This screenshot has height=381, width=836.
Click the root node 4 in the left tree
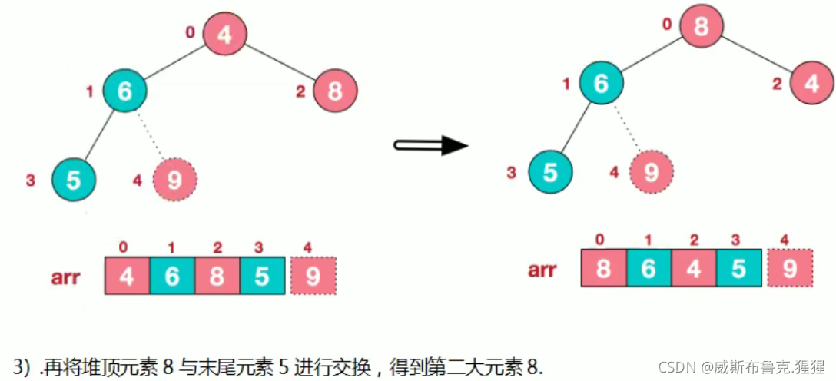(x=224, y=35)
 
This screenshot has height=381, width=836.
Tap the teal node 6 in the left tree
(x=124, y=91)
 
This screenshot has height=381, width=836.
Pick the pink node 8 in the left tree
(x=335, y=91)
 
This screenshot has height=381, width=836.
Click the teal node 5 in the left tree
(x=74, y=180)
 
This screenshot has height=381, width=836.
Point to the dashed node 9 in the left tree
(x=174, y=180)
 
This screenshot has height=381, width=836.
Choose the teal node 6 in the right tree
(x=601, y=84)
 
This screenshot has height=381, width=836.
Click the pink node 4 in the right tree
(x=811, y=84)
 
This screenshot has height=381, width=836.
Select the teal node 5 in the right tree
(x=550, y=172)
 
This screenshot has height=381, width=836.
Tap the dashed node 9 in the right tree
(x=651, y=172)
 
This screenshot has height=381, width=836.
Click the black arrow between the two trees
(x=430, y=145)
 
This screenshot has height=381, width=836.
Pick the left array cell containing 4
(x=127, y=276)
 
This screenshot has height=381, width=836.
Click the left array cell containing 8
(x=217, y=276)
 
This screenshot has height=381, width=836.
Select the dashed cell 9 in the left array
(x=313, y=276)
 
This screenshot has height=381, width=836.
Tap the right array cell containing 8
(x=604, y=268)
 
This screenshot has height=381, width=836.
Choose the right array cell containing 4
(x=695, y=268)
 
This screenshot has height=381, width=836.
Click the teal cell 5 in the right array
(x=739, y=268)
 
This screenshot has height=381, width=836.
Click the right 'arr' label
(x=543, y=270)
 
